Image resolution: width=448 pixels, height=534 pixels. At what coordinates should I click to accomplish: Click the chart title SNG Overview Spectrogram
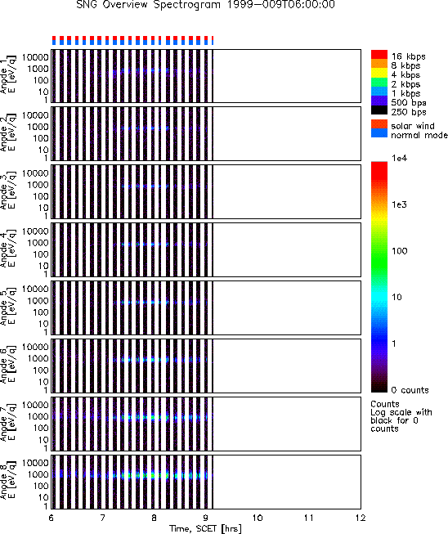coord(148,5)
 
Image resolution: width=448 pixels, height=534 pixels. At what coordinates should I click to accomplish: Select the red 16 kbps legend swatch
coord(379,55)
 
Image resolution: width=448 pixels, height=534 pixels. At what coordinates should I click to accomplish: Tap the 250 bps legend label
coord(409,112)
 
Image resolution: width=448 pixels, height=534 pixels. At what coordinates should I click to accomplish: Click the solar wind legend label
coord(413,126)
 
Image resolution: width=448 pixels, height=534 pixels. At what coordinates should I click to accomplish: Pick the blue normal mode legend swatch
coord(379,133)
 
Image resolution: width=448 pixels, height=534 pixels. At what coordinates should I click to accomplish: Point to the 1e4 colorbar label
coord(399,158)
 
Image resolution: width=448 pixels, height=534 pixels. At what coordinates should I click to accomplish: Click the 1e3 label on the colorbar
coord(399,204)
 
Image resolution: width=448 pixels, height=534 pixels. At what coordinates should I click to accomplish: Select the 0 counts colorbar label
coord(410,390)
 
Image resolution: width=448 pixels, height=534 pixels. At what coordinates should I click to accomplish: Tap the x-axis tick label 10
coord(258,518)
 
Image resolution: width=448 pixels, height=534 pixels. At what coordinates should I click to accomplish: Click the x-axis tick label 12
coord(361,518)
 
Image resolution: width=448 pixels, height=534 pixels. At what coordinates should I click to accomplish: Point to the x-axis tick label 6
coord(51,518)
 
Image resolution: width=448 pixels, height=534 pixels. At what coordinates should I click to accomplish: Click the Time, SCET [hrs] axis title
coord(206,528)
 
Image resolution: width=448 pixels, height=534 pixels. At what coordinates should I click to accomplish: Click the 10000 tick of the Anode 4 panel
coord(35,231)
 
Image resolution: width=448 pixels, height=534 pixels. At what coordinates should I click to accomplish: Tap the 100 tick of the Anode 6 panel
coord(41,370)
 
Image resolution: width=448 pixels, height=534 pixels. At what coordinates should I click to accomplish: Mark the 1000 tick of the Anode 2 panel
coord(38,127)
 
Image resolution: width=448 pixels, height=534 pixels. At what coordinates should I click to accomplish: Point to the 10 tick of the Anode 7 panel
coord(43,440)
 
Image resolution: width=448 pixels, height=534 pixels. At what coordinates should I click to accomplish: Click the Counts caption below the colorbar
coord(385,404)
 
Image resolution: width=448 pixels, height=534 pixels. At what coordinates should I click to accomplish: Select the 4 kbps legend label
coord(405,75)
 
